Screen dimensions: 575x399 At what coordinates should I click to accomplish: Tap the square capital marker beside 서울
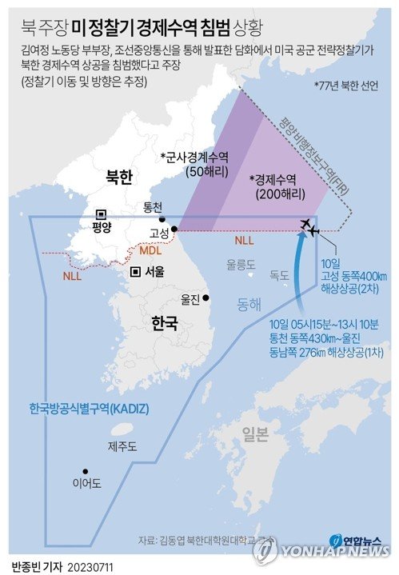pos(137,272)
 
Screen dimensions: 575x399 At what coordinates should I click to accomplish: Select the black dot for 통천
pos(162,219)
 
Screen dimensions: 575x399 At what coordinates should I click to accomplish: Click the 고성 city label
pos(160,234)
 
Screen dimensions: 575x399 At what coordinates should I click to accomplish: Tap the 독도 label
pos(279,275)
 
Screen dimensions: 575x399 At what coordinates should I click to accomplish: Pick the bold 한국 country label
pos(164,322)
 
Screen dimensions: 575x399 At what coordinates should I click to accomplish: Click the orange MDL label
pos(150,251)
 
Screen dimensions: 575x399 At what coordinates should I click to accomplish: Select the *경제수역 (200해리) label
pos(275,185)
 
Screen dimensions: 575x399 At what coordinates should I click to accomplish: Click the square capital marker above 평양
pos(102,214)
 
